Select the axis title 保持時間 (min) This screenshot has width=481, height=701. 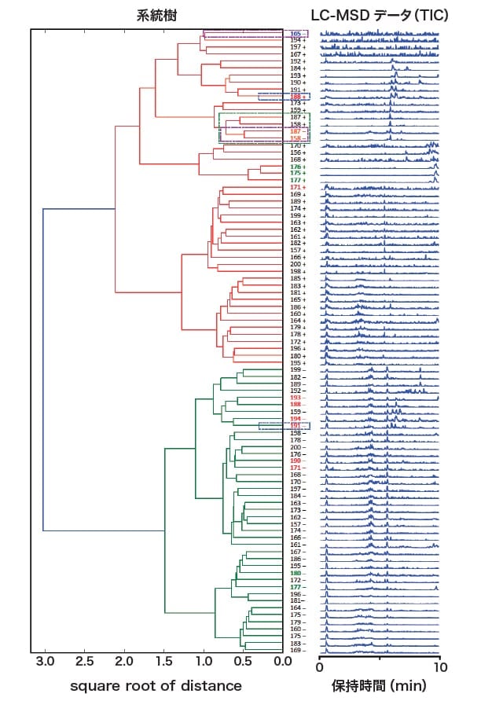coord(379,686)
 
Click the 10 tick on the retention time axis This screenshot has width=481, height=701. coord(439,666)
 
